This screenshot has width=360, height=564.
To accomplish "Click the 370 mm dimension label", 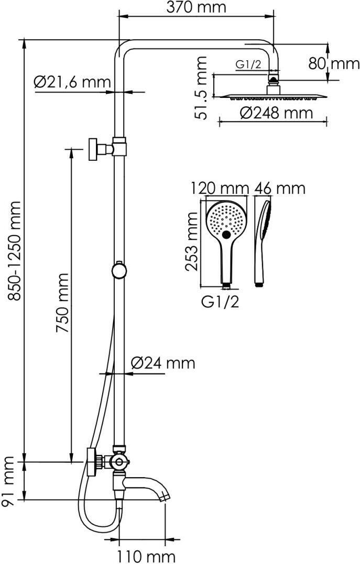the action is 196,7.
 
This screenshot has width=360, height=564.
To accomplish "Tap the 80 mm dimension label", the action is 334,64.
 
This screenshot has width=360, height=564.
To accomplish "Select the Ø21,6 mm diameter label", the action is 72,82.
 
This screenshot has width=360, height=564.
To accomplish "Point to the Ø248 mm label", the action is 277,113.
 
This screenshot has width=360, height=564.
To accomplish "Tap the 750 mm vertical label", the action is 62,303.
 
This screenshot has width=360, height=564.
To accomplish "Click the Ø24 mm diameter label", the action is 163,363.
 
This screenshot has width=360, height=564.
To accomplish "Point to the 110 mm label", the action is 147,557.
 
